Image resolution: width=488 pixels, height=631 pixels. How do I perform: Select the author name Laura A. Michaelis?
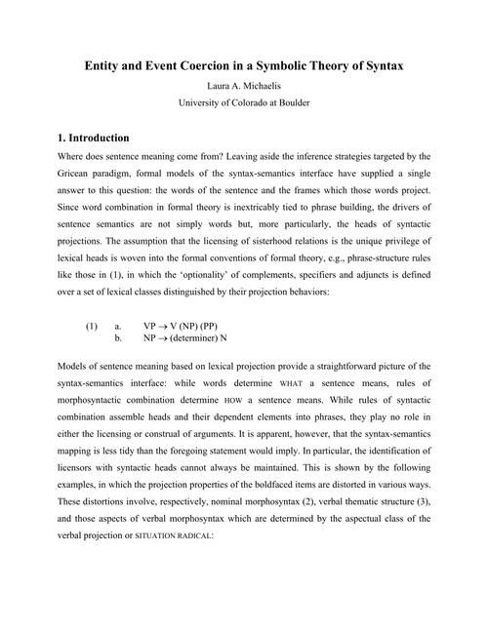[x=243, y=87]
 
